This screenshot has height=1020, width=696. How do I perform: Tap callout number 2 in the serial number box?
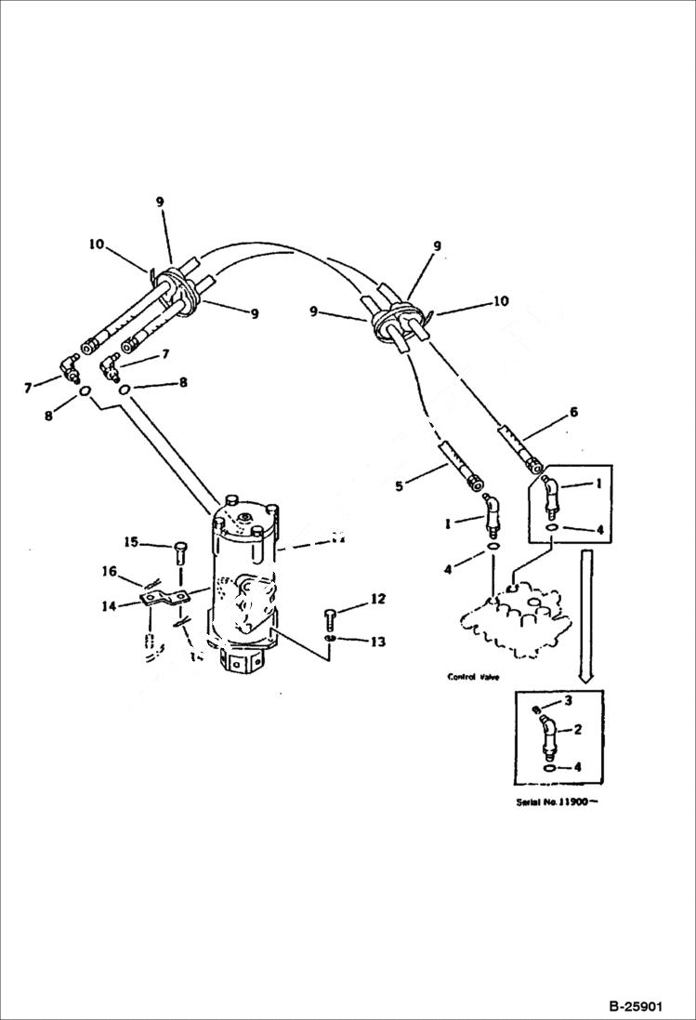[577, 730]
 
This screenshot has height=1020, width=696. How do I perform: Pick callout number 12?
[377, 600]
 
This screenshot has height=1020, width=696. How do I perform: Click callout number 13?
[377, 642]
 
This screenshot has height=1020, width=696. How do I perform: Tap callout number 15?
[131, 541]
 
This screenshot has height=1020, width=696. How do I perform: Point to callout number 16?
[110, 571]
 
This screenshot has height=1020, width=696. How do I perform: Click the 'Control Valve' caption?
[474, 678]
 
